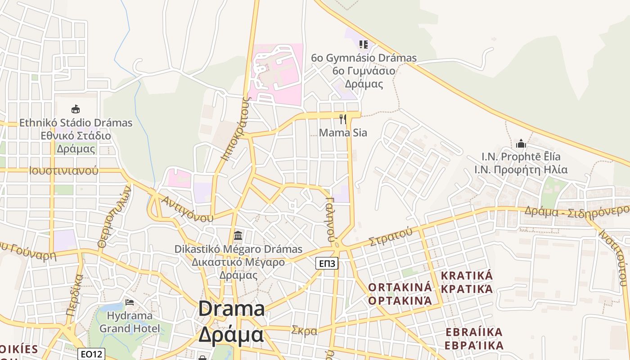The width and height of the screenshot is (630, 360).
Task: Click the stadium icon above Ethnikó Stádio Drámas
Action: [76, 109]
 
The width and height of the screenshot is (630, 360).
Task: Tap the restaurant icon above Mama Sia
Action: [343, 119]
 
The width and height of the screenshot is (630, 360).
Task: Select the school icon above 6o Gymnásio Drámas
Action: [364, 44]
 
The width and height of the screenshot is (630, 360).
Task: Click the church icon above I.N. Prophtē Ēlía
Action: [521, 144]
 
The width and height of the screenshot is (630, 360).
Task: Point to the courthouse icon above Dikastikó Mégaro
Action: [238, 235]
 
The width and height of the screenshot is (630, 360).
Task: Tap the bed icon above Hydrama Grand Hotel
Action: [130, 302]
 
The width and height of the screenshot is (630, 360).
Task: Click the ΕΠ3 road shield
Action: [326, 263]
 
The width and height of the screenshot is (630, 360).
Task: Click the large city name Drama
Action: [231, 309]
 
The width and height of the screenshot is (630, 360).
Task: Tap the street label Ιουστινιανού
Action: [63, 171]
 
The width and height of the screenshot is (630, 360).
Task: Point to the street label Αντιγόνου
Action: [188, 209]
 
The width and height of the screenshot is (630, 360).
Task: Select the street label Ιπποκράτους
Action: [234, 128]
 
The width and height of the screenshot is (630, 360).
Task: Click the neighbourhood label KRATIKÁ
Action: [467, 275]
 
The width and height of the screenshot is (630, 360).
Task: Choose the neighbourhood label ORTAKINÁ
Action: [400, 287]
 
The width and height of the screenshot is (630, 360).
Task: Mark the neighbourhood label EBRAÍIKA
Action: [474, 332]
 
